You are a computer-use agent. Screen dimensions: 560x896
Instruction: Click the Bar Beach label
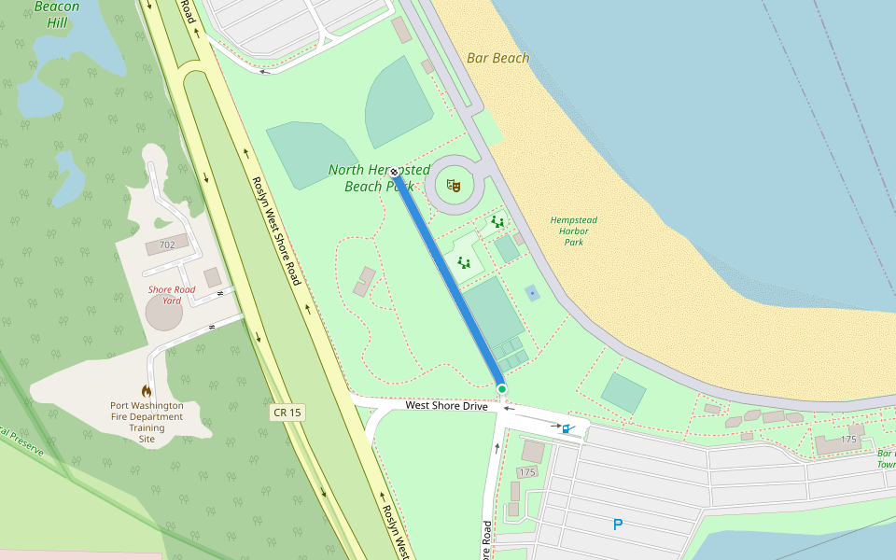(x=497, y=58)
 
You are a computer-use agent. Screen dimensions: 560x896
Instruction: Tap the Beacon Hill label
(x=56, y=14)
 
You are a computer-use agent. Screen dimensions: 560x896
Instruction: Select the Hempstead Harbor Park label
(x=574, y=231)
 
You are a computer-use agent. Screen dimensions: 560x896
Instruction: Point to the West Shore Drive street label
(x=447, y=405)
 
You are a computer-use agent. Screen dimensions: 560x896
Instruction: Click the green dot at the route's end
(x=501, y=388)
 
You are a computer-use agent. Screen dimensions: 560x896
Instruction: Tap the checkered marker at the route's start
(x=395, y=172)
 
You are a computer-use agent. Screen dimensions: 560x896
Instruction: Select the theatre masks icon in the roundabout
(x=455, y=186)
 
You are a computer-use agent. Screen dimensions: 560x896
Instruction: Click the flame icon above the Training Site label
(x=147, y=390)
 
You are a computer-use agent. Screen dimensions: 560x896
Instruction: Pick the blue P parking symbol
(x=617, y=525)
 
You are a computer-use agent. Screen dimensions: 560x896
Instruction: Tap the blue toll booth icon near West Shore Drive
(x=566, y=428)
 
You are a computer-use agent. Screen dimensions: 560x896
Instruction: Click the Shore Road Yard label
(x=172, y=295)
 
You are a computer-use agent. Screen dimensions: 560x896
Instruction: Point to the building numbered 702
(x=168, y=246)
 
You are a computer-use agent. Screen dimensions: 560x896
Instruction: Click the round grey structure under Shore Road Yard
(x=164, y=314)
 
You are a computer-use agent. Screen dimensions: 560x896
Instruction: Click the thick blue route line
(x=448, y=280)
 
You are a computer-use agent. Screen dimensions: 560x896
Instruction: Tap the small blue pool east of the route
(x=532, y=293)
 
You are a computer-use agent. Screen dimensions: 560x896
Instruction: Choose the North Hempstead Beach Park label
(x=379, y=177)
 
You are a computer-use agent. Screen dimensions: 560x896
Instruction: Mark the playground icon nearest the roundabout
(x=497, y=222)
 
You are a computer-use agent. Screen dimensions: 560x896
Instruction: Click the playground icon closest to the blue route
(x=464, y=262)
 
